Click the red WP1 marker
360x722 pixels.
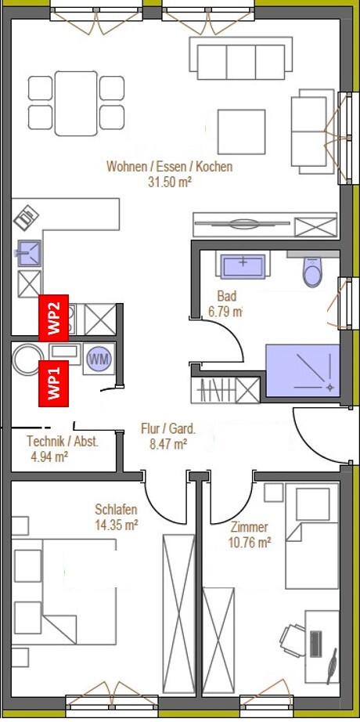(x=53, y=384)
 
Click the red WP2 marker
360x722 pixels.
(x=53, y=318)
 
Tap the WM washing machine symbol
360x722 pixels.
(x=99, y=359)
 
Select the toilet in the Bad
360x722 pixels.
(x=313, y=273)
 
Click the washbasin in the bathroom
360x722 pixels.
(x=242, y=266)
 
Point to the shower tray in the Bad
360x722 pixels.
(x=302, y=370)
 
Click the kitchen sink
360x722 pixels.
(x=28, y=253)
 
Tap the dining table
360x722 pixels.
(x=76, y=103)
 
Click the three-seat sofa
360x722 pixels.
(x=241, y=59)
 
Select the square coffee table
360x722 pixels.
(x=241, y=132)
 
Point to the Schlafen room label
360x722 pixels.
(x=116, y=510)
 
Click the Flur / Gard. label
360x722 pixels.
(x=168, y=430)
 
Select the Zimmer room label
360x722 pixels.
(x=250, y=527)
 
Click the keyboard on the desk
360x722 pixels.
(x=316, y=644)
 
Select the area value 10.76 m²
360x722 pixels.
(x=249, y=543)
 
